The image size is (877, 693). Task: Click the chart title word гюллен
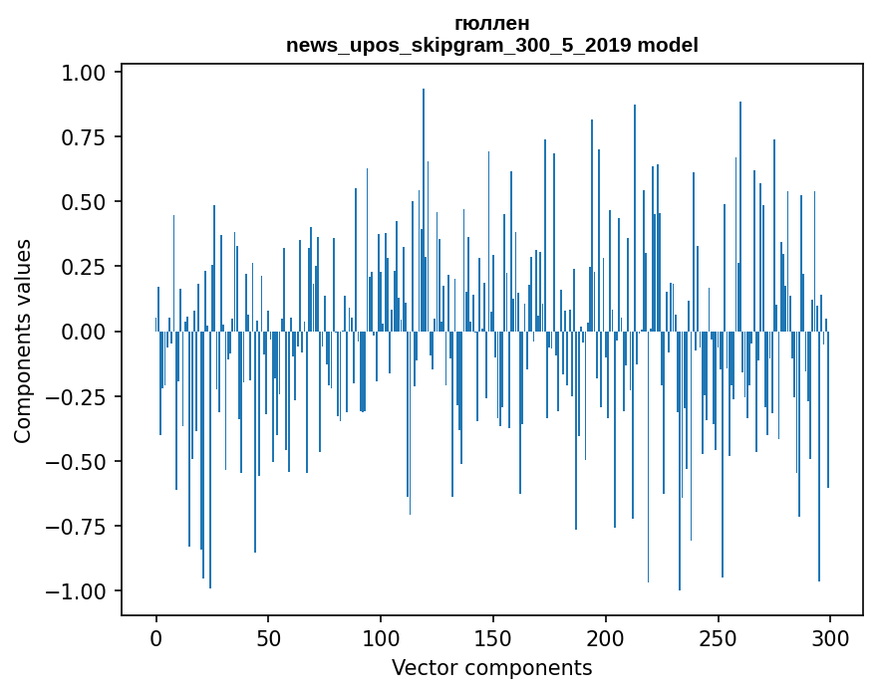coord(491,23)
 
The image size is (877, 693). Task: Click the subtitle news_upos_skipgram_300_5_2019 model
coord(491,45)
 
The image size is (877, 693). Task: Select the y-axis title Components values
coord(23,341)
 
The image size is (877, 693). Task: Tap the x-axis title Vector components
coord(491,668)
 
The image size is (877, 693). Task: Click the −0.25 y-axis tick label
coord(77,396)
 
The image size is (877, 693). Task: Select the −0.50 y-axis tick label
coord(77,461)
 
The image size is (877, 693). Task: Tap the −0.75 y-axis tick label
coord(77,527)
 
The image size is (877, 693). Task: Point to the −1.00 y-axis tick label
coord(77,591)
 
